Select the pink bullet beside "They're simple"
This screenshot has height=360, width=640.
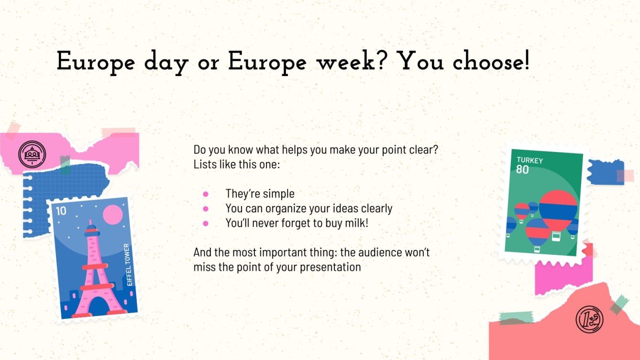tap(206, 194)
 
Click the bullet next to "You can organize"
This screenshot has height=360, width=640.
tap(206, 208)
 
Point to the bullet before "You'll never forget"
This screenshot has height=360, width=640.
tap(206, 223)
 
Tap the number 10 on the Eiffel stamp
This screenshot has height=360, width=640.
tap(61, 210)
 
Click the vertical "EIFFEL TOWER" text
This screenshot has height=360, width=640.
tap(127, 265)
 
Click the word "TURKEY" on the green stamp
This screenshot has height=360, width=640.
tap(530, 161)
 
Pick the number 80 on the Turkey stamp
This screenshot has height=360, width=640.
tap(522, 169)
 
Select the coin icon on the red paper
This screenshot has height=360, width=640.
tap(589, 319)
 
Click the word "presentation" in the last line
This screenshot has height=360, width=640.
tap(330, 267)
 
